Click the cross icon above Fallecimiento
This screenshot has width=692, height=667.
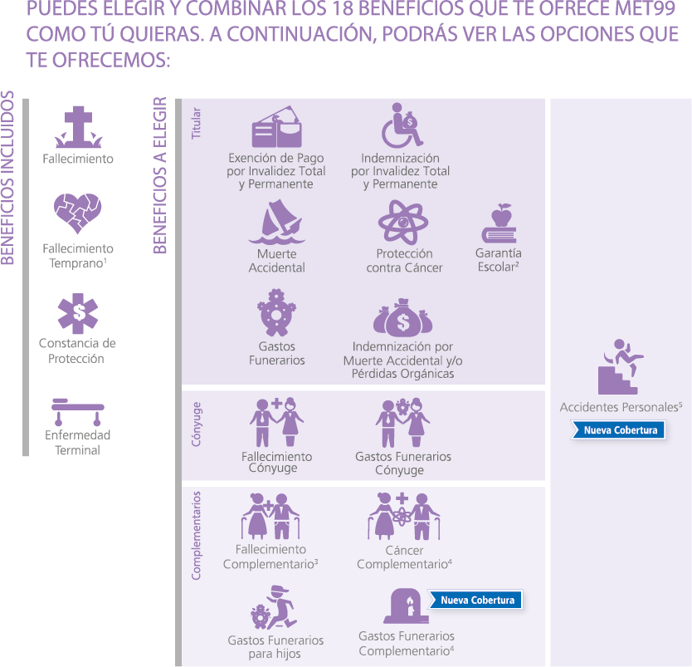pyautogui.click(x=79, y=127)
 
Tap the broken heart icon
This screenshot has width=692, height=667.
pyautogui.click(x=78, y=213)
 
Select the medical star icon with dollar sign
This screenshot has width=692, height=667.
pyautogui.click(x=78, y=313)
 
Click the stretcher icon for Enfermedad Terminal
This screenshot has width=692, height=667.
pyautogui.click(x=78, y=412)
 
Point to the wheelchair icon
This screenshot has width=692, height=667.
pyautogui.click(x=402, y=126)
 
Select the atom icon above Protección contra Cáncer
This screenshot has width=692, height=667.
pyautogui.click(x=403, y=222)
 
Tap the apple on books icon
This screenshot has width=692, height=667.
pyautogui.click(x=500, y=223)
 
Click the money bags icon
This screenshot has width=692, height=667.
pyautogui.click(x=403, y=317)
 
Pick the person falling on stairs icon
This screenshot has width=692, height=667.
pyautogui.click(x=620, y=366)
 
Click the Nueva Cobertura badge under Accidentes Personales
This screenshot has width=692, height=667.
pyautogui.click(x=618, y=430)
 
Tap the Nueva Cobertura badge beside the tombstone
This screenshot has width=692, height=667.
pyautogui.click(x=475, y=600)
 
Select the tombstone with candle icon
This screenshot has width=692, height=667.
pyautogui.click(x=406, y=606)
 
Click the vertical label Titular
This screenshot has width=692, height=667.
pyautogui.click(x=196, y=123)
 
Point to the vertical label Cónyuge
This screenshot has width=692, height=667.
pyautogui.click(x=196, y=424)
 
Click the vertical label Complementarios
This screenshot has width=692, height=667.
pyautogui.click(x=196, y=536)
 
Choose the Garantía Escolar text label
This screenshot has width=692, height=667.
pyautogui.click(x=499, y=260)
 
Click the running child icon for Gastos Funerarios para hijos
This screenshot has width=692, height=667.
pyautogui.click(x=275, y=607)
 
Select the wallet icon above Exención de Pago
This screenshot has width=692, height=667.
pyautogui.click(x=276, y=126)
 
